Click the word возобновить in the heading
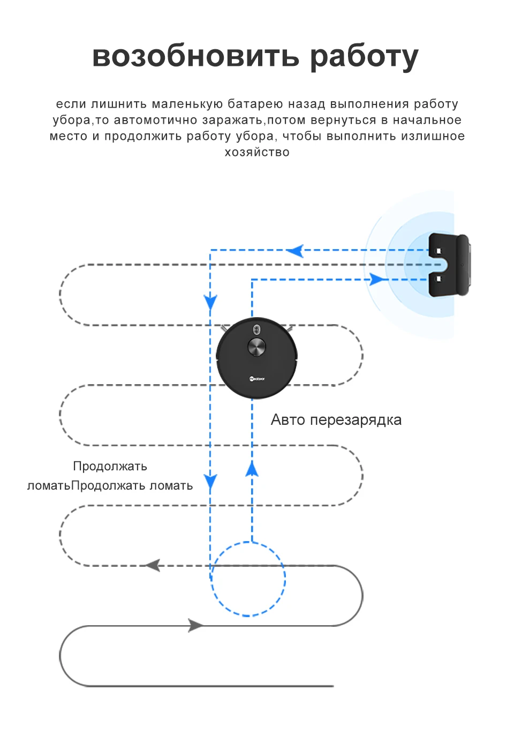[x=196, y=56]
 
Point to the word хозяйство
[x=257, y=152]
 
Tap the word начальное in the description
[x=427, y=120]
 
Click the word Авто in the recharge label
[x=288, y=419]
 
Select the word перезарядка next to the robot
[x=356, y=421]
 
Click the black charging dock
[x=449, y=265]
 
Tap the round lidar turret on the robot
[x=256, y=347]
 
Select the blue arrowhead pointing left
[x=296, y=250]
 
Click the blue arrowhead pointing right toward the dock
[x=377, y=280]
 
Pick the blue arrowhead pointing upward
[x=252, y=469]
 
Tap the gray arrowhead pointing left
[x=154, y=565]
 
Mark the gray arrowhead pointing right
[x=195, y=625]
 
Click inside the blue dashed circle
[x=248, y=579]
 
